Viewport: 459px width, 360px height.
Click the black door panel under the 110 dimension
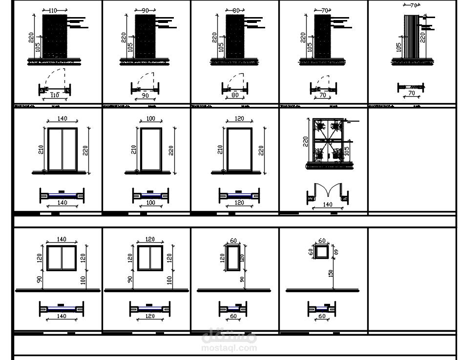[x=55, y=37]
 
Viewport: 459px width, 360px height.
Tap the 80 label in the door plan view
[x=235, y=95]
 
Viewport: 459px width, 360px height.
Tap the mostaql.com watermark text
[x=229, y=348]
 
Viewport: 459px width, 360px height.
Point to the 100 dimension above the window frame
[x=150, y=119]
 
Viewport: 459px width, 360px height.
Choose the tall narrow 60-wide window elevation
[x=232, y=257]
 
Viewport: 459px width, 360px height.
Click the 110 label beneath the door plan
[x=55, y=95]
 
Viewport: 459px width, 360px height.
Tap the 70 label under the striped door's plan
[x=411, y=93]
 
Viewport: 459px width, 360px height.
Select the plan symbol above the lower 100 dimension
[x=150, y=196]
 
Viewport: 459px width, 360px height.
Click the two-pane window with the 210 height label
[x=62, y=149]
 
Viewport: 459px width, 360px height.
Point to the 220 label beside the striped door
[x=423, y=35]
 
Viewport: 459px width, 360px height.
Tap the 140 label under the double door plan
[x=327, y=205]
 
